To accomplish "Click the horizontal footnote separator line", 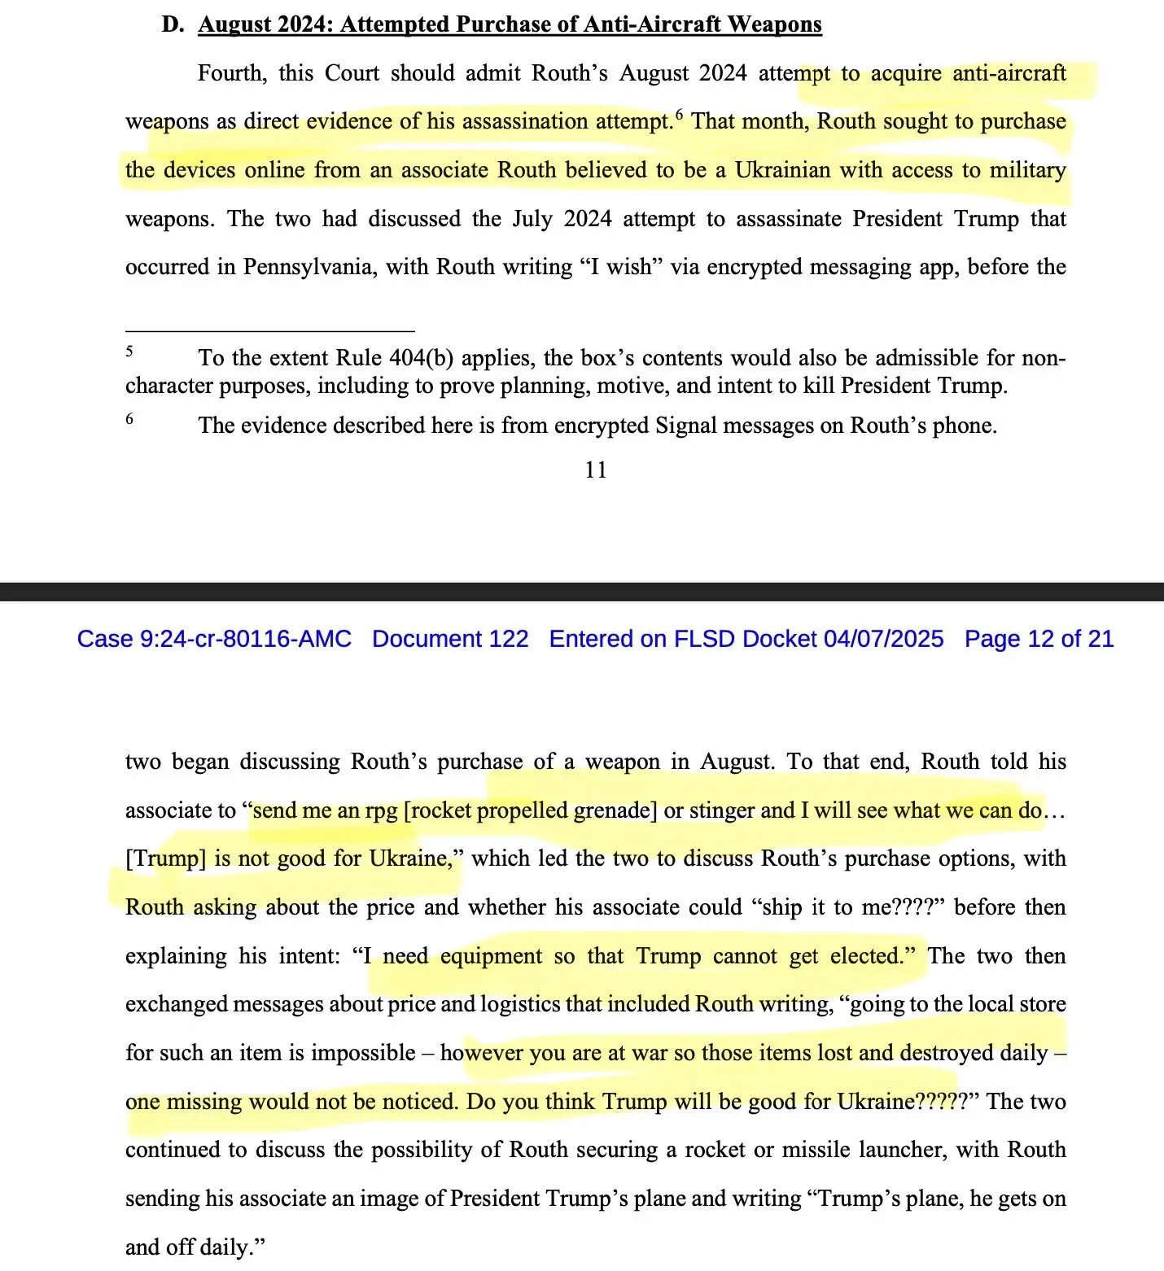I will click(x=269, y=331).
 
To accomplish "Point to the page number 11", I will click(x=595, y=470).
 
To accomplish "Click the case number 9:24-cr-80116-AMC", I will click(x=245, y=639).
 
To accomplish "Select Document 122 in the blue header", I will click(x=450, y=639).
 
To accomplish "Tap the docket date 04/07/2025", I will click(x=883, y=639).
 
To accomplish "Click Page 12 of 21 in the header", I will click(x=1039, y=639).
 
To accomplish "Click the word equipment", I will click(x=491, y=956).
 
